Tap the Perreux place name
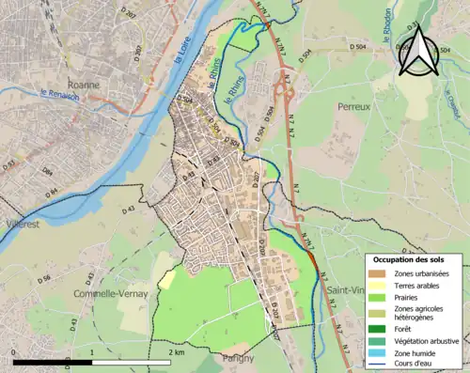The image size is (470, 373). [356, 107]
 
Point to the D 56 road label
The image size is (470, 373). [43, 279]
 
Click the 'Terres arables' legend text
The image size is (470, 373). [421, 285]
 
